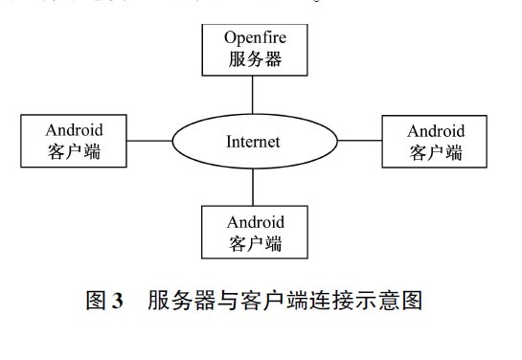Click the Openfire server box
pyautogui.click(x=253, y=51)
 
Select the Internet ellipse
pyautogui.click(x=253, y=142)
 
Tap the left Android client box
pyautogui.click(x=74, y=140)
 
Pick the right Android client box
pyautogui.click(x=436, y=141)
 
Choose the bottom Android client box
pyautogui.click(x=255, y=231)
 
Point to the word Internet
pyautogui.click(x=253, y=143)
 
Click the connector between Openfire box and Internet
pyautogui.click(x=253, y=95)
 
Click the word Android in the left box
pyautogui.click(x=74, y=129)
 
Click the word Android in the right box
pyautogui.click(x=436, y=130)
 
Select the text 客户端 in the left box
pyautogui.click(x=74, y=151)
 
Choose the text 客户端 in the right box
pyautogui.click(x=436, y=152)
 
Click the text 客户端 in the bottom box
pyautogui.click(x=255, y=242)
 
